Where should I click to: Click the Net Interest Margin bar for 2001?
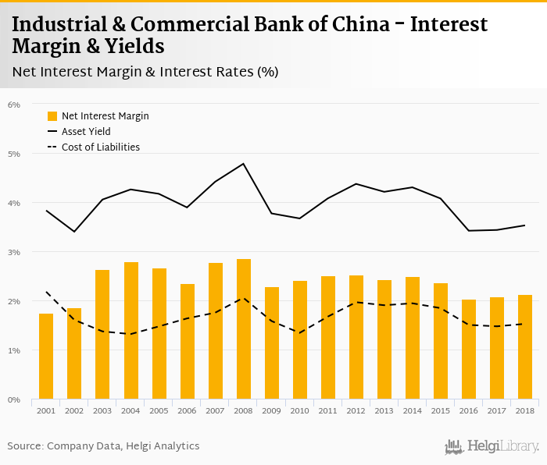pyautogui.click(x=46, y=357)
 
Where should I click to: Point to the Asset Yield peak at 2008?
pyautogui.click(x=244, y=164)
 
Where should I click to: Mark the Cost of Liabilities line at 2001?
pyautogui.click(x=46, y=293)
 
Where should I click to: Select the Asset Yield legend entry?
pyautogui.click(x=86, y=132)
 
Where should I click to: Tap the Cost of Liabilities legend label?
pyautogui.click(x=100, y=147)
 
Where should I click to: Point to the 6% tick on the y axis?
pyautogui.click(x=14, y=105)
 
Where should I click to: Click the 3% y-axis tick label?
pyautogui.click(x=14, y=252)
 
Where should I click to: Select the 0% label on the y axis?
pyautogui.click(x=14, y=399)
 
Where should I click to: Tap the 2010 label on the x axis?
pyautogui.click(x=300, y=410)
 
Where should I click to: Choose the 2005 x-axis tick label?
pyautogui.click(x=159, y=410)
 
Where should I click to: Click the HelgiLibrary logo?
pyautogui.click(x=492, y=446)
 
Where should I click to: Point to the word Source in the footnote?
pyautogui.click(x=24, y=445)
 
